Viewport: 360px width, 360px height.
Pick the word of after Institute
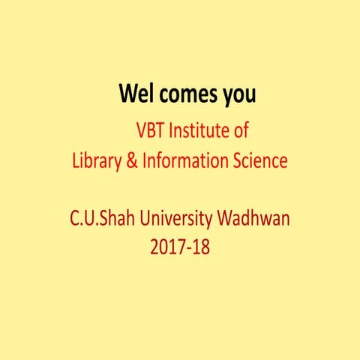[x=239, y=131]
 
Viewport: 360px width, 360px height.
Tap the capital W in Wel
[x=127, y=95]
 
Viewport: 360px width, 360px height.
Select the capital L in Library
[x=75, y=160]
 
